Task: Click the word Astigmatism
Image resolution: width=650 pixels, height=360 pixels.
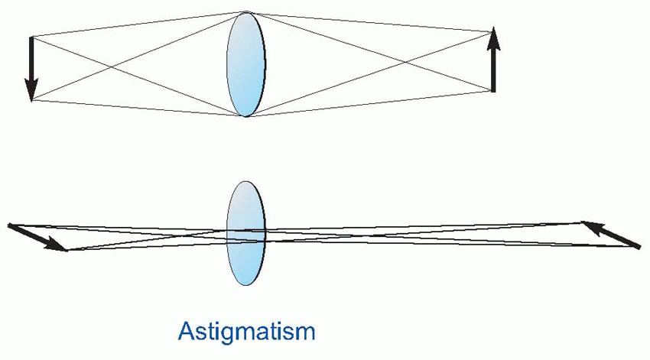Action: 245,332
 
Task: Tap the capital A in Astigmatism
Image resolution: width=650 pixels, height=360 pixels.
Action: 186,330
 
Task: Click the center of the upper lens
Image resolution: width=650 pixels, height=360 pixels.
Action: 245,64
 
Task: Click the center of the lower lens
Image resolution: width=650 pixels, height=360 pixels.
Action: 245,233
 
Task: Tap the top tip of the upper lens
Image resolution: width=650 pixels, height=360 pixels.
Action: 245,12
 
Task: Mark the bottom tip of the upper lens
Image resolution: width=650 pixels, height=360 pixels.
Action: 245,116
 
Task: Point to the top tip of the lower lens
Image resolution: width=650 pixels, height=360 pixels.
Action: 245,182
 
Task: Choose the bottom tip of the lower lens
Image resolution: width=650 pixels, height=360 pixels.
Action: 245,284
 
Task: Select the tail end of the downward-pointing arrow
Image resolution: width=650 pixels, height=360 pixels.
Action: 31,37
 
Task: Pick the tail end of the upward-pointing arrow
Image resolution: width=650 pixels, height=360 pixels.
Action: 493,91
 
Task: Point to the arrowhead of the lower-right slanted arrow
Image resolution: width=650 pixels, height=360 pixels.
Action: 588,225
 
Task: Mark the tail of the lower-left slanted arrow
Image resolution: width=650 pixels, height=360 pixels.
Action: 10,225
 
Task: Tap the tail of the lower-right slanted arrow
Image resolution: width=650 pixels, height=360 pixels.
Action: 639,247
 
